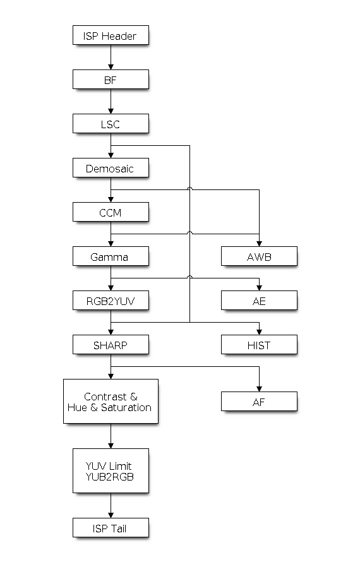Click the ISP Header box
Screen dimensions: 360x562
(111, 35)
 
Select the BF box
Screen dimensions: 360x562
(111, 79)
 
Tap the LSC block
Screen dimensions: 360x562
(111, 124)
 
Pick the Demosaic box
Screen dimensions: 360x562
(111, 168)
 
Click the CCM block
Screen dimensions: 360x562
(111, 212)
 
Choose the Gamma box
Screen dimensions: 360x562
(111, 256)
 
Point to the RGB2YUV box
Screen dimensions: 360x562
(111, 301)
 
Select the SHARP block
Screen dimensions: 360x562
(111, 344)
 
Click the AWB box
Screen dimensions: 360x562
(259, 256)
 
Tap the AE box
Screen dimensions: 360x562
(259, 301)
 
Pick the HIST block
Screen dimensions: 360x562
(259, 344)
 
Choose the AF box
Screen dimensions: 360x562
(259, 402)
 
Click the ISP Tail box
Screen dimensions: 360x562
(111, 528)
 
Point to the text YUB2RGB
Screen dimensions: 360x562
(109, 477)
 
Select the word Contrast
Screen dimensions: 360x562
(105, 397)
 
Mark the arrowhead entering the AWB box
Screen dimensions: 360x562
(259, 244)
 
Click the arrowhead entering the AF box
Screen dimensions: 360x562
(259, 389)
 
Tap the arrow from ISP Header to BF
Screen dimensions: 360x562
(111, 57)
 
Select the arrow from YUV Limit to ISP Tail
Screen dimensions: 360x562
(111, 505)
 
